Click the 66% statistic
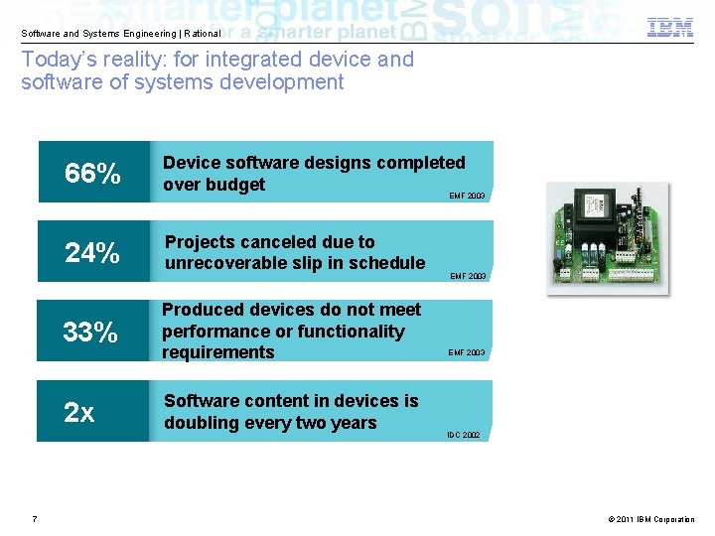point(92,174)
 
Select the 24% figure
point(92,253)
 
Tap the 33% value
point(90,332)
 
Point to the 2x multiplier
point(79,412)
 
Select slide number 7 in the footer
point(35,518)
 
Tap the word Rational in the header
point(202,34)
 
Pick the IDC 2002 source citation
point(463,435)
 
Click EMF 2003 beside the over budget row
point(467,197)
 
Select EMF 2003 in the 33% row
point(466,352)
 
